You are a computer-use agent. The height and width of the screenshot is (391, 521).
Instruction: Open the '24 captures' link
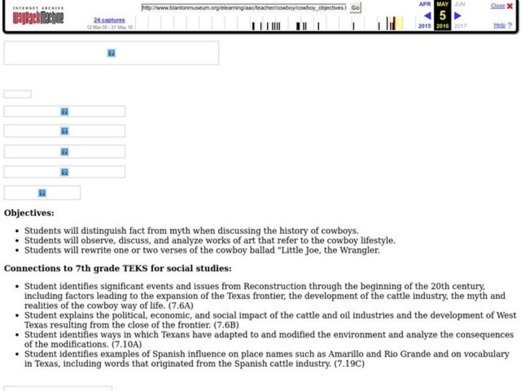coord(109,20)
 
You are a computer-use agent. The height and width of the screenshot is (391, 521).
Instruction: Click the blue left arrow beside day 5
coord(427,16)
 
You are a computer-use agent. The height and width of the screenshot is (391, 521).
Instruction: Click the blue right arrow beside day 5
coord(458,16)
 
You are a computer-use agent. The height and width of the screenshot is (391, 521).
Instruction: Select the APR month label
coord(425,4)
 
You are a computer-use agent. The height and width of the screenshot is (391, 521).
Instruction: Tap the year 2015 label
coord(425,26)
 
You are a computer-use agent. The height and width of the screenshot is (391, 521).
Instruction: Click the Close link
coord(498,6)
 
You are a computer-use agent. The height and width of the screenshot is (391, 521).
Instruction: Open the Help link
coord(500,25)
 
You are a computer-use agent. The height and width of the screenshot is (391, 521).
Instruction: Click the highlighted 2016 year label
coord(443,26)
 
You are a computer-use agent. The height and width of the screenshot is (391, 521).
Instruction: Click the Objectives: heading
coord(29,212)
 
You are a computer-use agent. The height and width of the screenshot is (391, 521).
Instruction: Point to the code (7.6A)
coord(180,305)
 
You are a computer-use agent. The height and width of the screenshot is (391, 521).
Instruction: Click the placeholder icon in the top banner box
coord(111,53)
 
